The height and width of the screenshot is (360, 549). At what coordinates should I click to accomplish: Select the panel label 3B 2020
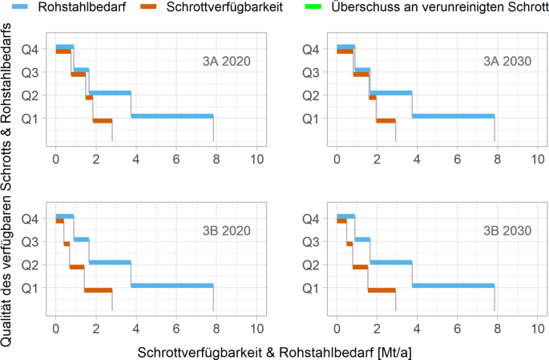225,231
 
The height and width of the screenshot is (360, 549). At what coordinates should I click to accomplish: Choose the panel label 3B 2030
507,231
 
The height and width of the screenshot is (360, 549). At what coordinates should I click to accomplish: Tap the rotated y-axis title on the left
9,180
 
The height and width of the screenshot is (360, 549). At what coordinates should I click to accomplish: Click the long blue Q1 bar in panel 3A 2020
172,116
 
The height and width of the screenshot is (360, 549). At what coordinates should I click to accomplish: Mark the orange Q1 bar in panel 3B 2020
98,289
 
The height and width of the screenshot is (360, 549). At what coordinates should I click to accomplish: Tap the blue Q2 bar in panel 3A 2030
391,93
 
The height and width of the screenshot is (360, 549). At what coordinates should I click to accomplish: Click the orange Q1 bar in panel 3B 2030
381,289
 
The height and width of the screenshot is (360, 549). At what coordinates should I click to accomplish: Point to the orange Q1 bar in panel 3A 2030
386,121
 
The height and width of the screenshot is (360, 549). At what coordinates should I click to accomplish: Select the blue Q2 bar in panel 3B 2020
110,262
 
